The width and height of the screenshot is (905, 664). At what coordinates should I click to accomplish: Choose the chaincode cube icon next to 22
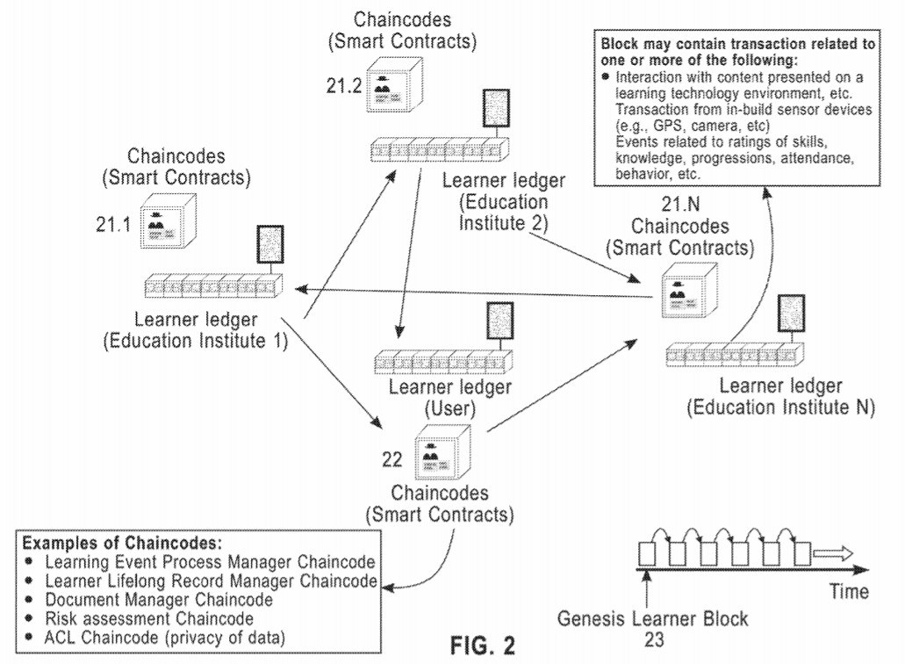[x=436, y=458]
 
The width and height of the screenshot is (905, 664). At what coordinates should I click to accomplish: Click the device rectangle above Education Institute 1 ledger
[x=269, y=245]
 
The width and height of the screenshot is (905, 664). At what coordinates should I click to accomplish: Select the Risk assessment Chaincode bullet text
[x=132, y=619]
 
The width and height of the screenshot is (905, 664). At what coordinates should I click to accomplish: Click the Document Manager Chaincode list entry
[x=147, y=600]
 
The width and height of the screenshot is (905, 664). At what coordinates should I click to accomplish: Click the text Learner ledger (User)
[x=438, y=396]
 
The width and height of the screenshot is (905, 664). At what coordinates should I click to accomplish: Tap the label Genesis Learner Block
[x=653, y=619]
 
